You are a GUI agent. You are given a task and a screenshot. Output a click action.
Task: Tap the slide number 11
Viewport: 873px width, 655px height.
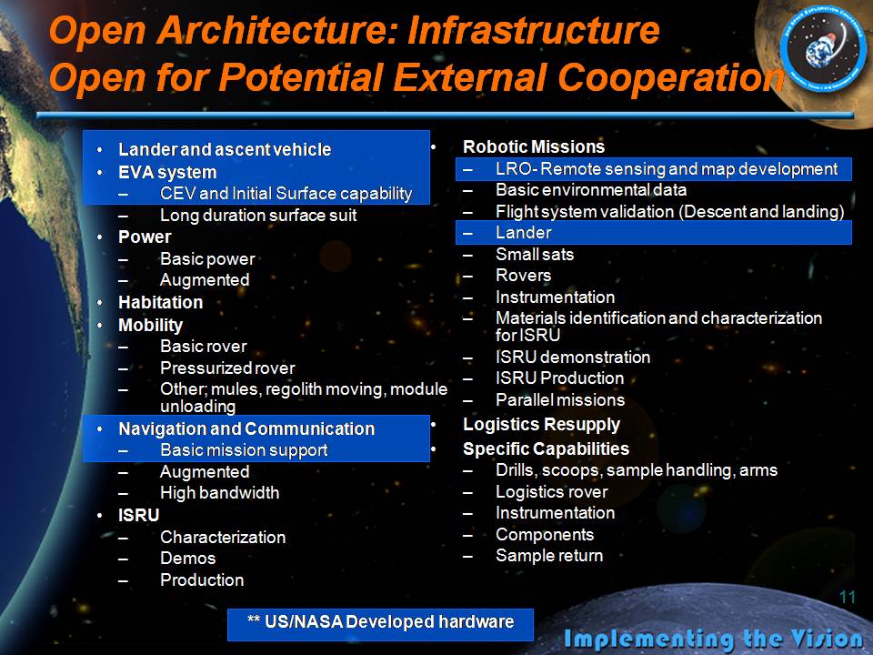[x=847, y=598]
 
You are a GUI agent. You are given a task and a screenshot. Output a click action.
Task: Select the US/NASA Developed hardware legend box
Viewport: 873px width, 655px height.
[x=380, y=624]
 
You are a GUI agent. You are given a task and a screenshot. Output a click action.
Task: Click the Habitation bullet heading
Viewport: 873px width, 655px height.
[x=161, y=302]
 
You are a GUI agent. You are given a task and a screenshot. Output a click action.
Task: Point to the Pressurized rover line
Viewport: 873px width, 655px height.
[x=227, y=368]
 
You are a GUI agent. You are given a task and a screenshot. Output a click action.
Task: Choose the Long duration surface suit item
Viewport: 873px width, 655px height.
[x=258, y=216]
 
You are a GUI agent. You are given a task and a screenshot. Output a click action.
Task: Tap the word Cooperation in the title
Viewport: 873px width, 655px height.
[x=671, y=76]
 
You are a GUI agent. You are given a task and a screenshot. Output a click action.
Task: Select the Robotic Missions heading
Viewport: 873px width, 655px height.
[x=534, y=147]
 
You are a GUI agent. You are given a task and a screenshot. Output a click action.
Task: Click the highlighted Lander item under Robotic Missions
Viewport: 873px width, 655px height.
[x=524, y=232]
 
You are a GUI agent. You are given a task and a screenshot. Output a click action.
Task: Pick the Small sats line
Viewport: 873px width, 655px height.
[x=535, y=255]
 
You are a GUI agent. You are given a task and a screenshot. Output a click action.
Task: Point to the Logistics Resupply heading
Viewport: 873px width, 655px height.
[x=542, y=425]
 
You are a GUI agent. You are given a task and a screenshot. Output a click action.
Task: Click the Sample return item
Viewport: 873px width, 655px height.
[x=549, y=556]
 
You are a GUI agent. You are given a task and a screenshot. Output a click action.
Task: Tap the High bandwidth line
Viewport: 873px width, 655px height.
[x=220, y=493]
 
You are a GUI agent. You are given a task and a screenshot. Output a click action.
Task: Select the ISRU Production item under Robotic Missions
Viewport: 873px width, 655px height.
[x=559, y=378]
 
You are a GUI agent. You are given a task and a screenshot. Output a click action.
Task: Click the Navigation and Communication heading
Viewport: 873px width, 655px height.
[x=246, y=428]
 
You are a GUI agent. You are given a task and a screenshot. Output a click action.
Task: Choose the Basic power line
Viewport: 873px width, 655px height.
[x=207, y=259]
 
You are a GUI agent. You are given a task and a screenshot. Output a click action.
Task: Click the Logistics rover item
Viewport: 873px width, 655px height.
[x=552, y=492]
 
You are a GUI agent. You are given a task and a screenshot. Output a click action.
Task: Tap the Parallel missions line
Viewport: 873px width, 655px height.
[x=560, y=400]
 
